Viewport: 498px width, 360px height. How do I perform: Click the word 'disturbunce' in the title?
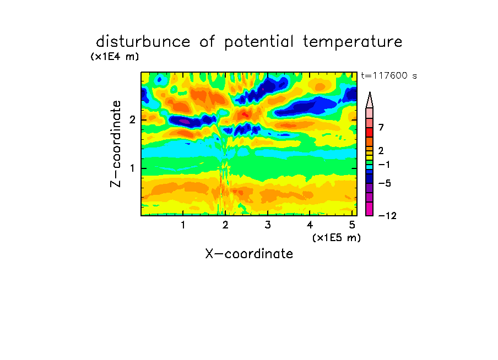click(143, 42)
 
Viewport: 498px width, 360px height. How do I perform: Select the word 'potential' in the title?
click(258, 42)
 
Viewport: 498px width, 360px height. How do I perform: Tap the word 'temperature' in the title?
click(353, 42)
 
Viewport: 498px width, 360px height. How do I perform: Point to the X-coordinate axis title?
click(249, 254)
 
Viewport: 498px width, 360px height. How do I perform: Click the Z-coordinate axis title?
click(116, 144)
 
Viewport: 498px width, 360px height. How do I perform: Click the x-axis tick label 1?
click(183, 225)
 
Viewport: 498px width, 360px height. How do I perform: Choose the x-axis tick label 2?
click(225, 225)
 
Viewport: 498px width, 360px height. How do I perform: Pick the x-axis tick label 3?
click(268, 225)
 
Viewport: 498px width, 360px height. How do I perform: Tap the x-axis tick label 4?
click(310, 225)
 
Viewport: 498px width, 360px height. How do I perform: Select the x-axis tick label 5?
click(352, 225)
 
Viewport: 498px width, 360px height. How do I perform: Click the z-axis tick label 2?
click(132, 120)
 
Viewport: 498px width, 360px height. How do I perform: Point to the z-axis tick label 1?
click(133, 168)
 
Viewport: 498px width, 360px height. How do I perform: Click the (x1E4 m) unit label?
click(115, 57)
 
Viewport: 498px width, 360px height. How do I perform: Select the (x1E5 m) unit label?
click(337, 238)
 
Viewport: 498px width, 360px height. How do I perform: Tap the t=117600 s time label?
click(389, 75)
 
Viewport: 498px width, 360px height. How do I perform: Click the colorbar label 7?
click(381, 127)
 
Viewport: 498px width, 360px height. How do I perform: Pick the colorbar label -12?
click(387, 216)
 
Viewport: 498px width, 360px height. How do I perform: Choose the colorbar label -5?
click(385, 183)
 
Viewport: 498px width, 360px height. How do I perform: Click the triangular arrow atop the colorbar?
click(370, 100)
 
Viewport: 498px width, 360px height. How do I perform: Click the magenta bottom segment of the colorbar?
click(370, 209)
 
